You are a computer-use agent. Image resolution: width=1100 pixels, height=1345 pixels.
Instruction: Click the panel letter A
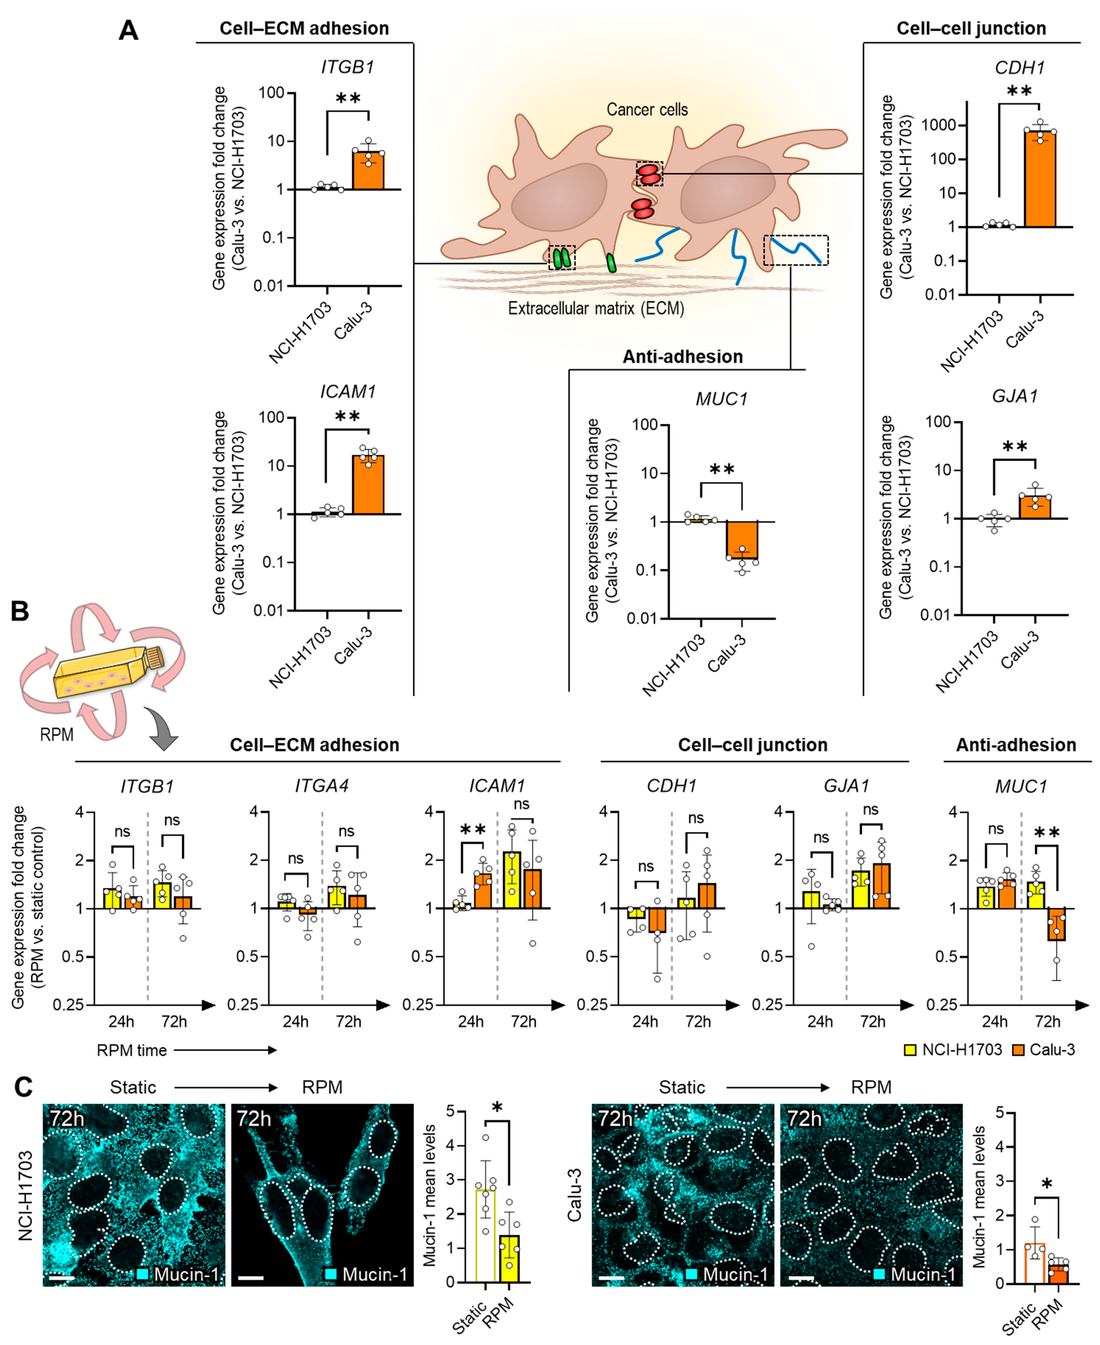129,30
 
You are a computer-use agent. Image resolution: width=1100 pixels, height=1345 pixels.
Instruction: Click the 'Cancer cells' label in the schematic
647,110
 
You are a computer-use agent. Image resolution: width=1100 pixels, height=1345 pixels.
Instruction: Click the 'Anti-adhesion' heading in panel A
683,357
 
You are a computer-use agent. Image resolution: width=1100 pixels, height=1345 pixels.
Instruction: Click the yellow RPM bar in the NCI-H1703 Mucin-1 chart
509,1258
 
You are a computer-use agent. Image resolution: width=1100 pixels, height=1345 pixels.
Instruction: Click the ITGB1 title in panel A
347,67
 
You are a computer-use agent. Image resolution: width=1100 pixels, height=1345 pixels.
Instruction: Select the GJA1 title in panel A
1015,396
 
